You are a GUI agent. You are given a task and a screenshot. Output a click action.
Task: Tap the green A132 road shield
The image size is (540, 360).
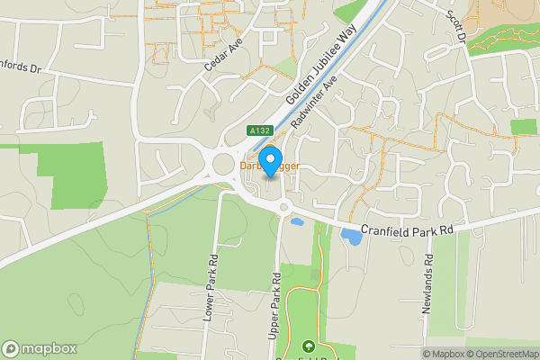tap(260, 131)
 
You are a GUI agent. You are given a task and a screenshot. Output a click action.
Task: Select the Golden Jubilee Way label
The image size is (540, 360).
tap(321, 69)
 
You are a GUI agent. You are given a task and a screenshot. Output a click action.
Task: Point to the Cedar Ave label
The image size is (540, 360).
tap(218, 53)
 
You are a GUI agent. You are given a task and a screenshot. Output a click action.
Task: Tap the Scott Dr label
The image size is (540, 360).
tap(456, 26)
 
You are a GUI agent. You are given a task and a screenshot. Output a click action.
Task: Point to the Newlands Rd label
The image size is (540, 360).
tap(428, 283)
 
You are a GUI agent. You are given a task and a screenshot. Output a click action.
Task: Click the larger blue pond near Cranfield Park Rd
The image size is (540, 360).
tap(349, 236)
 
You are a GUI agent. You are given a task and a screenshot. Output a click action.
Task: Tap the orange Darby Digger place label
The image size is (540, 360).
tap(269, 167)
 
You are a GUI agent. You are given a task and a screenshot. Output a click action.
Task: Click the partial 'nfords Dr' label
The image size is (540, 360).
tap(20, 67)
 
